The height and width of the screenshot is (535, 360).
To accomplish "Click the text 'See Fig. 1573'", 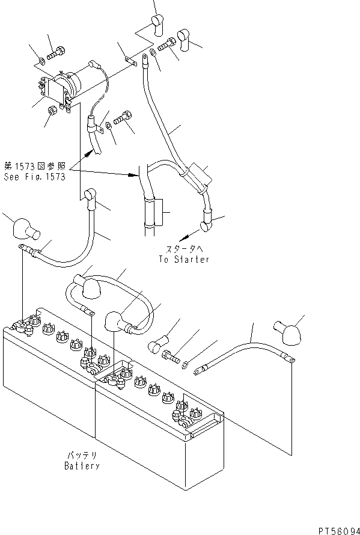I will tap(34, 177).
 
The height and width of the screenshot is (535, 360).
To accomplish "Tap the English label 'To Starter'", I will tap(185, 259).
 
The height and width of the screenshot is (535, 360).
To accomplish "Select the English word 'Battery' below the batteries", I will tap(82, 466).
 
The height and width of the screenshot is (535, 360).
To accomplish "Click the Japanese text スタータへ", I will tap(184, 249).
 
